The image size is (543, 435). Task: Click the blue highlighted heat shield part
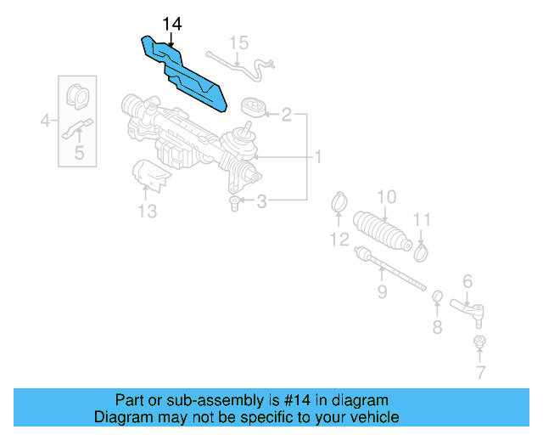coord(187,75)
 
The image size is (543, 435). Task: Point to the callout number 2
coord(287,114)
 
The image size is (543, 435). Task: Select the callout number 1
coord(318,157)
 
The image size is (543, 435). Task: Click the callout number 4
coord(45,122)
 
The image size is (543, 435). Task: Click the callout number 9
coord(382,292)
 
